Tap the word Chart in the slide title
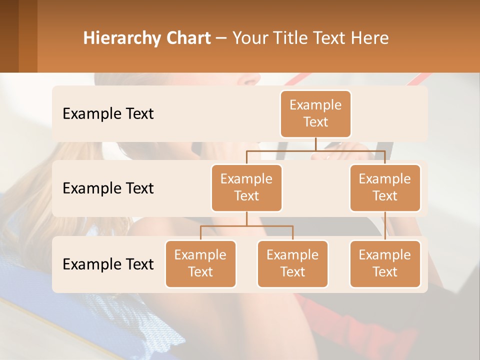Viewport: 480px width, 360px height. tap(188, 38)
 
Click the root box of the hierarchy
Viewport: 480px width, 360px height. tap(315, 113)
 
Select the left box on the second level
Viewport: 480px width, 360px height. tap(246, 187)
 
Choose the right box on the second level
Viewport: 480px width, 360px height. tap(385, 187)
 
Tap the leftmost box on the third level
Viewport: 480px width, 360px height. tap(200, 263)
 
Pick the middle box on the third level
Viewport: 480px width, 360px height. tap(292, 263)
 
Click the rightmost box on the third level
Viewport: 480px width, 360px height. tap(385, 263)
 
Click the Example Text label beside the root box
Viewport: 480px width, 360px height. tap(108, 114)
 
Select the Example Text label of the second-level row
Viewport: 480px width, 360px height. tap(108, 188)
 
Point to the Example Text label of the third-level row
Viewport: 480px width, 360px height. tap(108, 264)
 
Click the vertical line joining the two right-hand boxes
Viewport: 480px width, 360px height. tap(385, 226)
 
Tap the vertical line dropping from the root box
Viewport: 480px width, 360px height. tap(315, 144)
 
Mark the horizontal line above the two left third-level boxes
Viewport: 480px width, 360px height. tap(246, 226)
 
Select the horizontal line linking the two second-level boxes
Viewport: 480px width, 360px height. tap(315, 150)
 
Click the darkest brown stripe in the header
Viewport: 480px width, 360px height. tap(9, 36)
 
